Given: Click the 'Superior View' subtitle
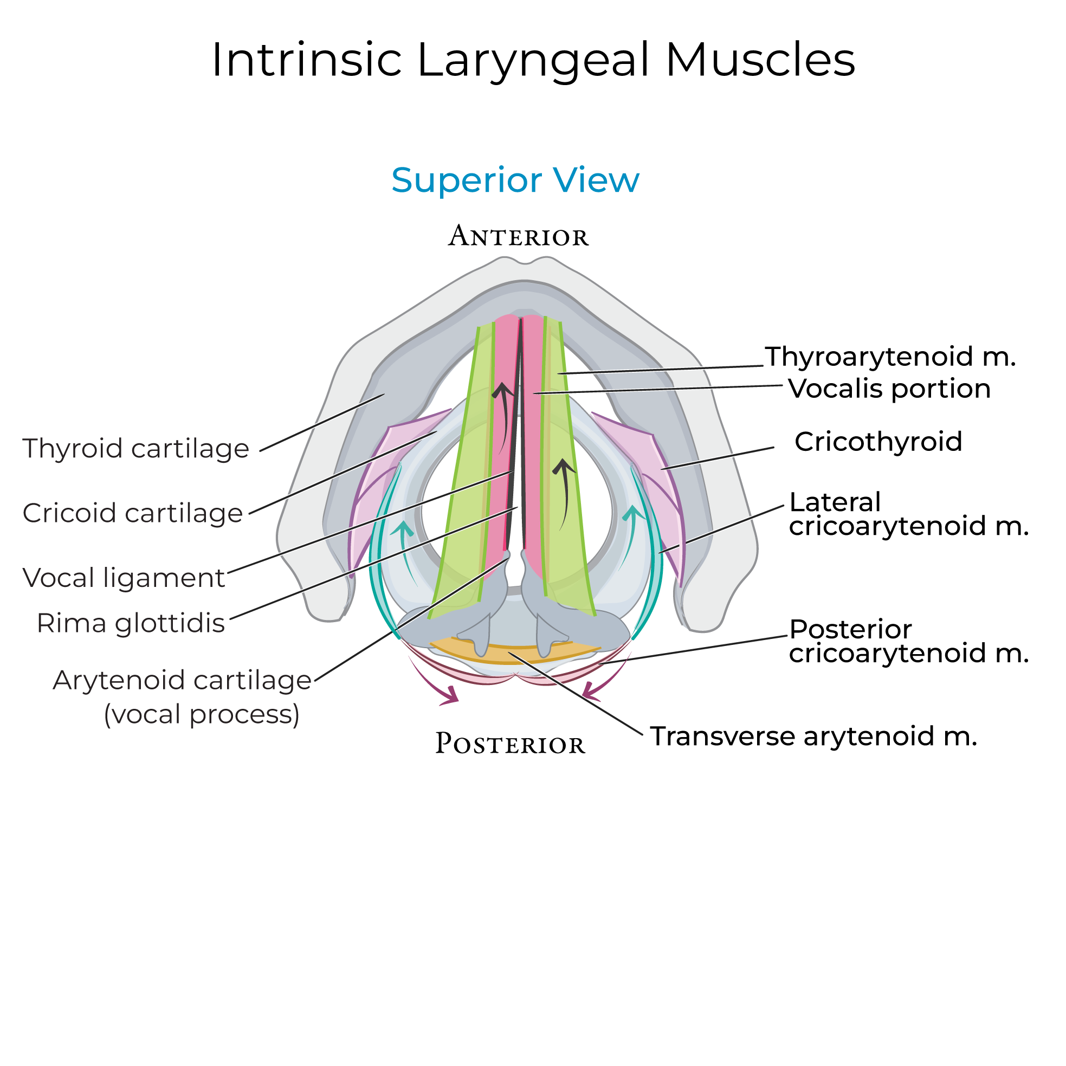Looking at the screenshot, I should (515, 180).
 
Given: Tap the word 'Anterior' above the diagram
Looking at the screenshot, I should (518, 236).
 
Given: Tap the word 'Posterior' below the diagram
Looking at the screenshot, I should (510, 744).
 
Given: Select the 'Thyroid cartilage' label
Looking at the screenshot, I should (135, 448).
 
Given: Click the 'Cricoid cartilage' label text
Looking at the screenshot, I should (132, 513).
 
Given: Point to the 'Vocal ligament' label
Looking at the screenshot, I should (124, 578).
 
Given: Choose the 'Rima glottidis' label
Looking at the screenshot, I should (131, 623).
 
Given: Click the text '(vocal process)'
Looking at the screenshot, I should (202, 714).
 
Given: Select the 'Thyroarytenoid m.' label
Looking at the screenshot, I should (890, 357).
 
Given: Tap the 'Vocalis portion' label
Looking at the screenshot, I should (889, 389).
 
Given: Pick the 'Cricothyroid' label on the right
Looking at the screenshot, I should (878, 441).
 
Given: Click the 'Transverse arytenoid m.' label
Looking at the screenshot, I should (813, 736).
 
